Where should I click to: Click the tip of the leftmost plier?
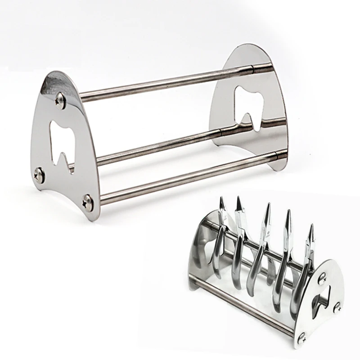[x=221, y=200]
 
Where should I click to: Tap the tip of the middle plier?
[x=268, y=205]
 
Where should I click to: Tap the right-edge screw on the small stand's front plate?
[x=336, y=309]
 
